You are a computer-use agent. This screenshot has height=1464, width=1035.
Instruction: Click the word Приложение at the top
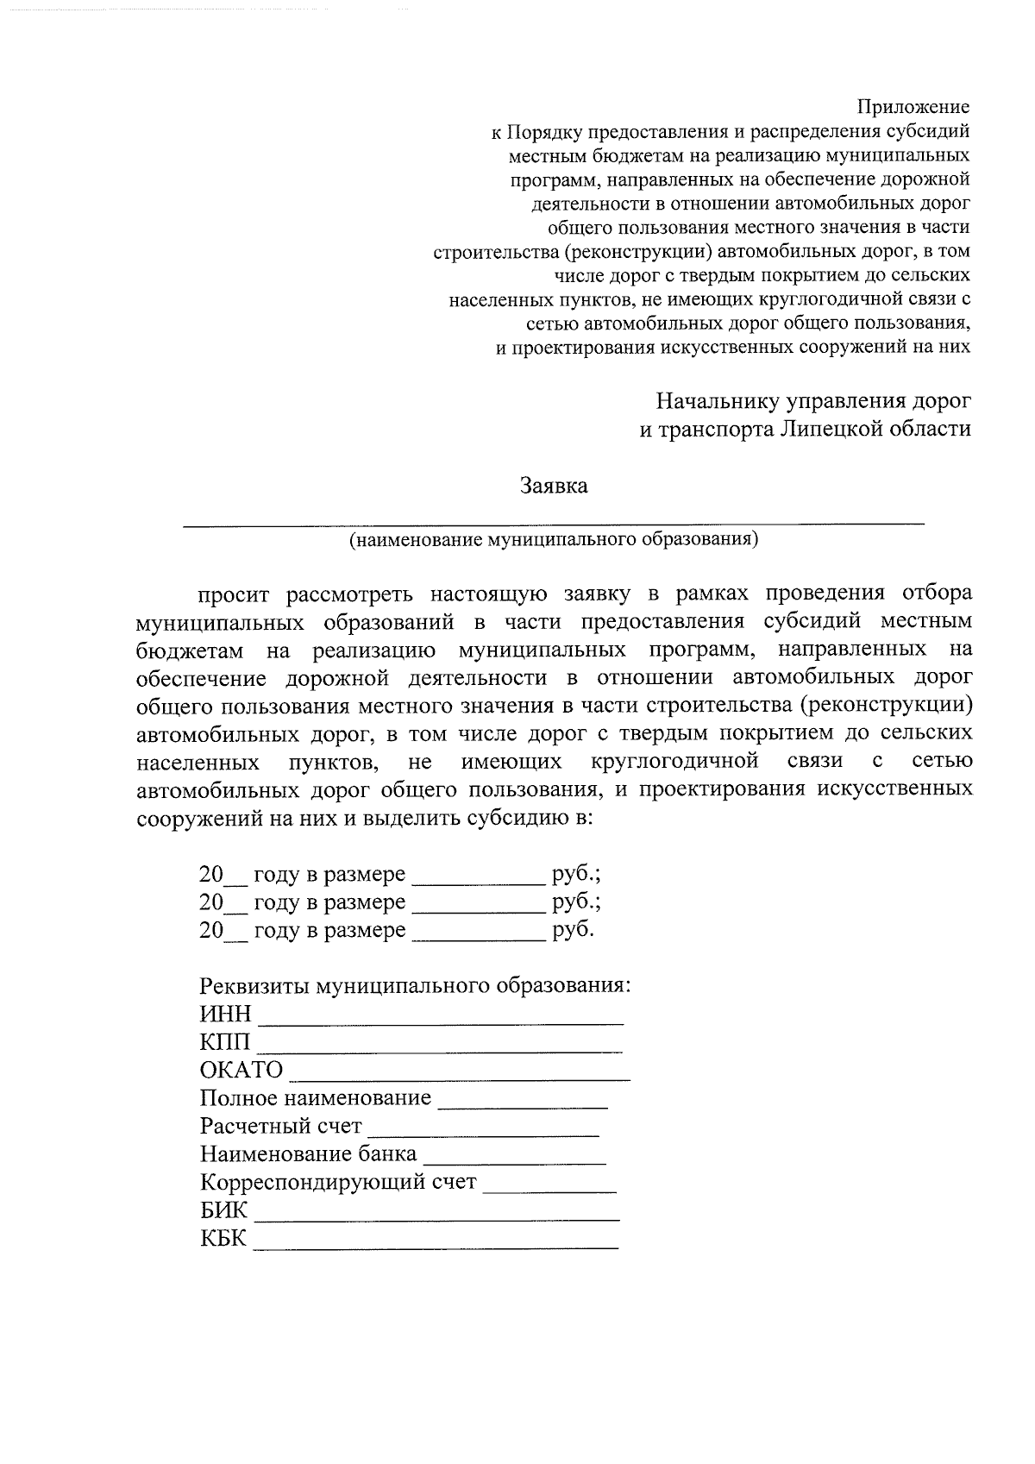tap(913, 108)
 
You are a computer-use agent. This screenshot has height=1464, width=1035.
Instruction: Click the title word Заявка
tap(554, 486)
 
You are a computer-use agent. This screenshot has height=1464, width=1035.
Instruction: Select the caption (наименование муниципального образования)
tap(553, 540)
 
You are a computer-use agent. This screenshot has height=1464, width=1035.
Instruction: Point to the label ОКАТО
tap(241, 1071)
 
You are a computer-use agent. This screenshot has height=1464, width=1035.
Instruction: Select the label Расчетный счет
tap(280, 1127)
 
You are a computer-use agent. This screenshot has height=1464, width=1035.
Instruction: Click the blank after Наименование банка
tap(515, 1160)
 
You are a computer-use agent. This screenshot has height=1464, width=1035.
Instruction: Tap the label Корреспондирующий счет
tap(338, 1183)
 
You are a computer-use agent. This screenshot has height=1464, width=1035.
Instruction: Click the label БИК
tap(223, 1210)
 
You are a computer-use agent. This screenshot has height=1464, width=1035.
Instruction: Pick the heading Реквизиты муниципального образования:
tap(415, 985)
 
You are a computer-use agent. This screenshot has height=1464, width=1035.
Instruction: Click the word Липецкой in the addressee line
tap(834, 429)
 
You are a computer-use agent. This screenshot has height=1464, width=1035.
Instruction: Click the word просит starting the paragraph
tap(234, 594)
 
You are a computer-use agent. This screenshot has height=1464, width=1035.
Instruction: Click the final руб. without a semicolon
tap(573, 930)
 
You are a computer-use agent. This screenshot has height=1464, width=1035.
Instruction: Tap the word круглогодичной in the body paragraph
tap(674, 761)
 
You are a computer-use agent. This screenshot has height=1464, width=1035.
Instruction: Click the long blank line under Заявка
tap(553, 521)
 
